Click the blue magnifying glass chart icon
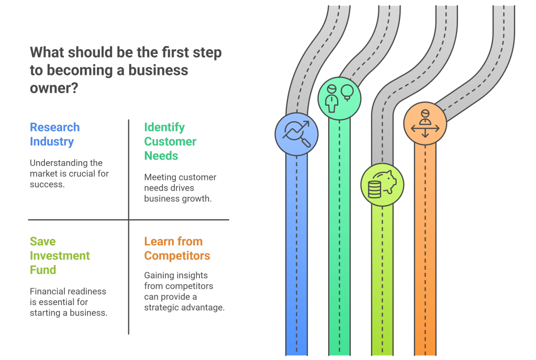pos(297,134)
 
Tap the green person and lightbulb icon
pos(339,98)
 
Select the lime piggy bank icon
pos(382,184)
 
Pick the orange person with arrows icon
pos(425,123)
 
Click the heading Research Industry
pos(54,134)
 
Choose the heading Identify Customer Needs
pos(170,141)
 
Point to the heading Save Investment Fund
pos(60,255)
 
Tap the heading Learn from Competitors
pos(177,249)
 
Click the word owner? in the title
pos(54,87)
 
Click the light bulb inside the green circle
pos(347,92)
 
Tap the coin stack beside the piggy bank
pos(374,189)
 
